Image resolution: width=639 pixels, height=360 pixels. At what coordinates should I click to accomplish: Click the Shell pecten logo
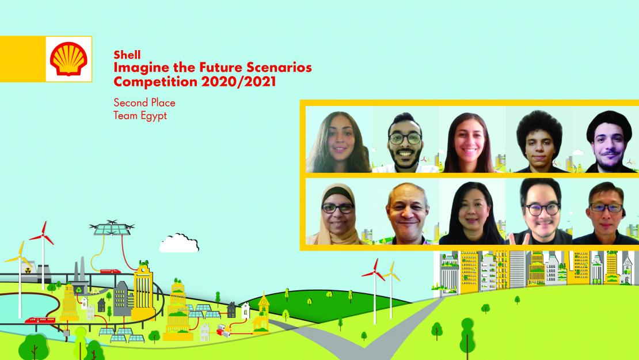click(x=69, y=58)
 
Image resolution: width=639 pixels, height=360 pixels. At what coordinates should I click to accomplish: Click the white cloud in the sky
click(x=179, y=242)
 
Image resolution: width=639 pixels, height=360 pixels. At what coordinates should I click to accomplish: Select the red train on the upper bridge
click(x=110, y=271)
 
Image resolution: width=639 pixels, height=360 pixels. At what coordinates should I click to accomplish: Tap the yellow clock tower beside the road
click(x=263, y=314)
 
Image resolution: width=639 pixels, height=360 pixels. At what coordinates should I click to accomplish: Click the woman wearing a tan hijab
click(x=338, y=211)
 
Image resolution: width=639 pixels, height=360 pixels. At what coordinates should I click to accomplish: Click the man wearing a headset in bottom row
click(x=605, y=211)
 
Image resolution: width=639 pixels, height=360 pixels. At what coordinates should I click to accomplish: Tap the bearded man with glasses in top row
click(x=405, y=141)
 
